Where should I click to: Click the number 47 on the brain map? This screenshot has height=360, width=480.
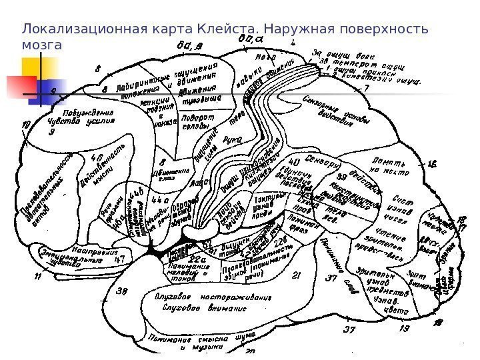(121, 261)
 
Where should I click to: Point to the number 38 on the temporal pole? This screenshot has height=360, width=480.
(123, 291)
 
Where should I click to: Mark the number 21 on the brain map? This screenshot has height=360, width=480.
(297, 275)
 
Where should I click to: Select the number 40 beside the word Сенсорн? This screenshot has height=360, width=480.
(293, 162)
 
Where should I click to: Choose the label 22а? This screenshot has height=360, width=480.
(198, 259)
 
